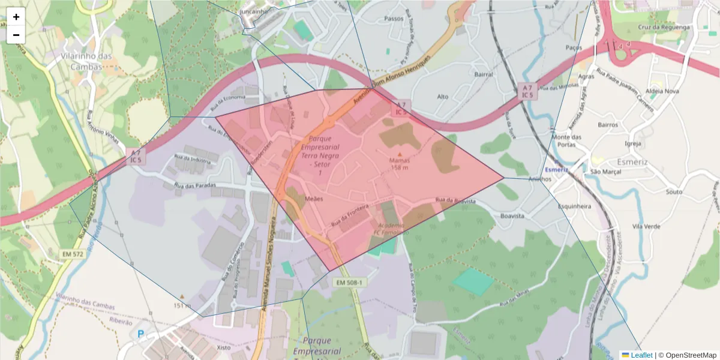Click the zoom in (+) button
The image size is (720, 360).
click(x=16, y=17)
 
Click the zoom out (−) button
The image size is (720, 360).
click(x=16, y=35)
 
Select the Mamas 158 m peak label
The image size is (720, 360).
click(x=400, y=164)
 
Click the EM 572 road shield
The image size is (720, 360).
click(x=73, y=254)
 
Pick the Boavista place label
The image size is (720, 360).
click(x=512, y=215)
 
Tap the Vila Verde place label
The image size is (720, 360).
click(x=646, y=227)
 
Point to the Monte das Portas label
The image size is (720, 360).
click(x=567, y=140)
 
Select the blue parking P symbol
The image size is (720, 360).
click(x=142, y=334)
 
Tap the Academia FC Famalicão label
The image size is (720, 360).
click(x=392, y=229)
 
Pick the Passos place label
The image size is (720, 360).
click(x=394, y=19)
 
